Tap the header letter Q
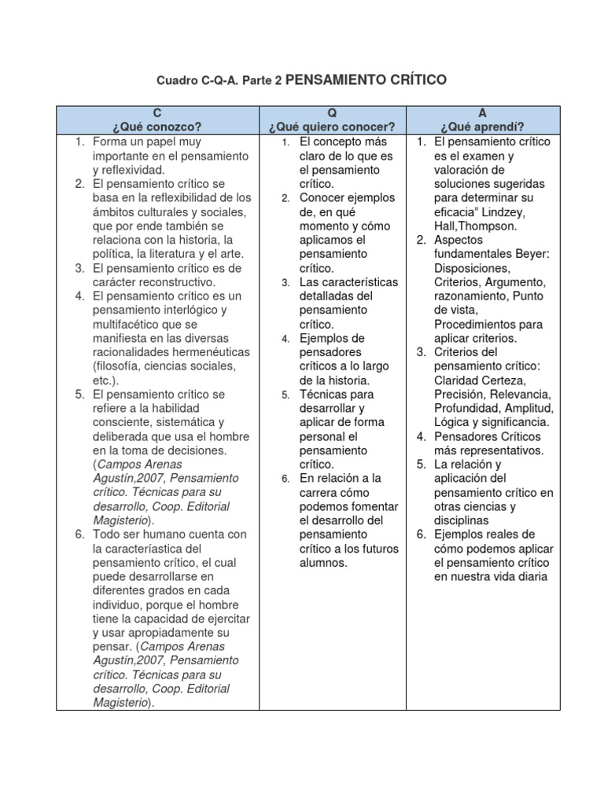tap(331, 114)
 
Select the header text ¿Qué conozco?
tap(157, 127)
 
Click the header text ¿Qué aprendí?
tap(482, 127)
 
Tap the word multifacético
tap(129, 324)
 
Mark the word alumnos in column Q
tap(323, 563)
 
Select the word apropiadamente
tap(164, 633)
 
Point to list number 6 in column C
tap(80, 535)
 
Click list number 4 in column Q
tap(287, 339)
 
